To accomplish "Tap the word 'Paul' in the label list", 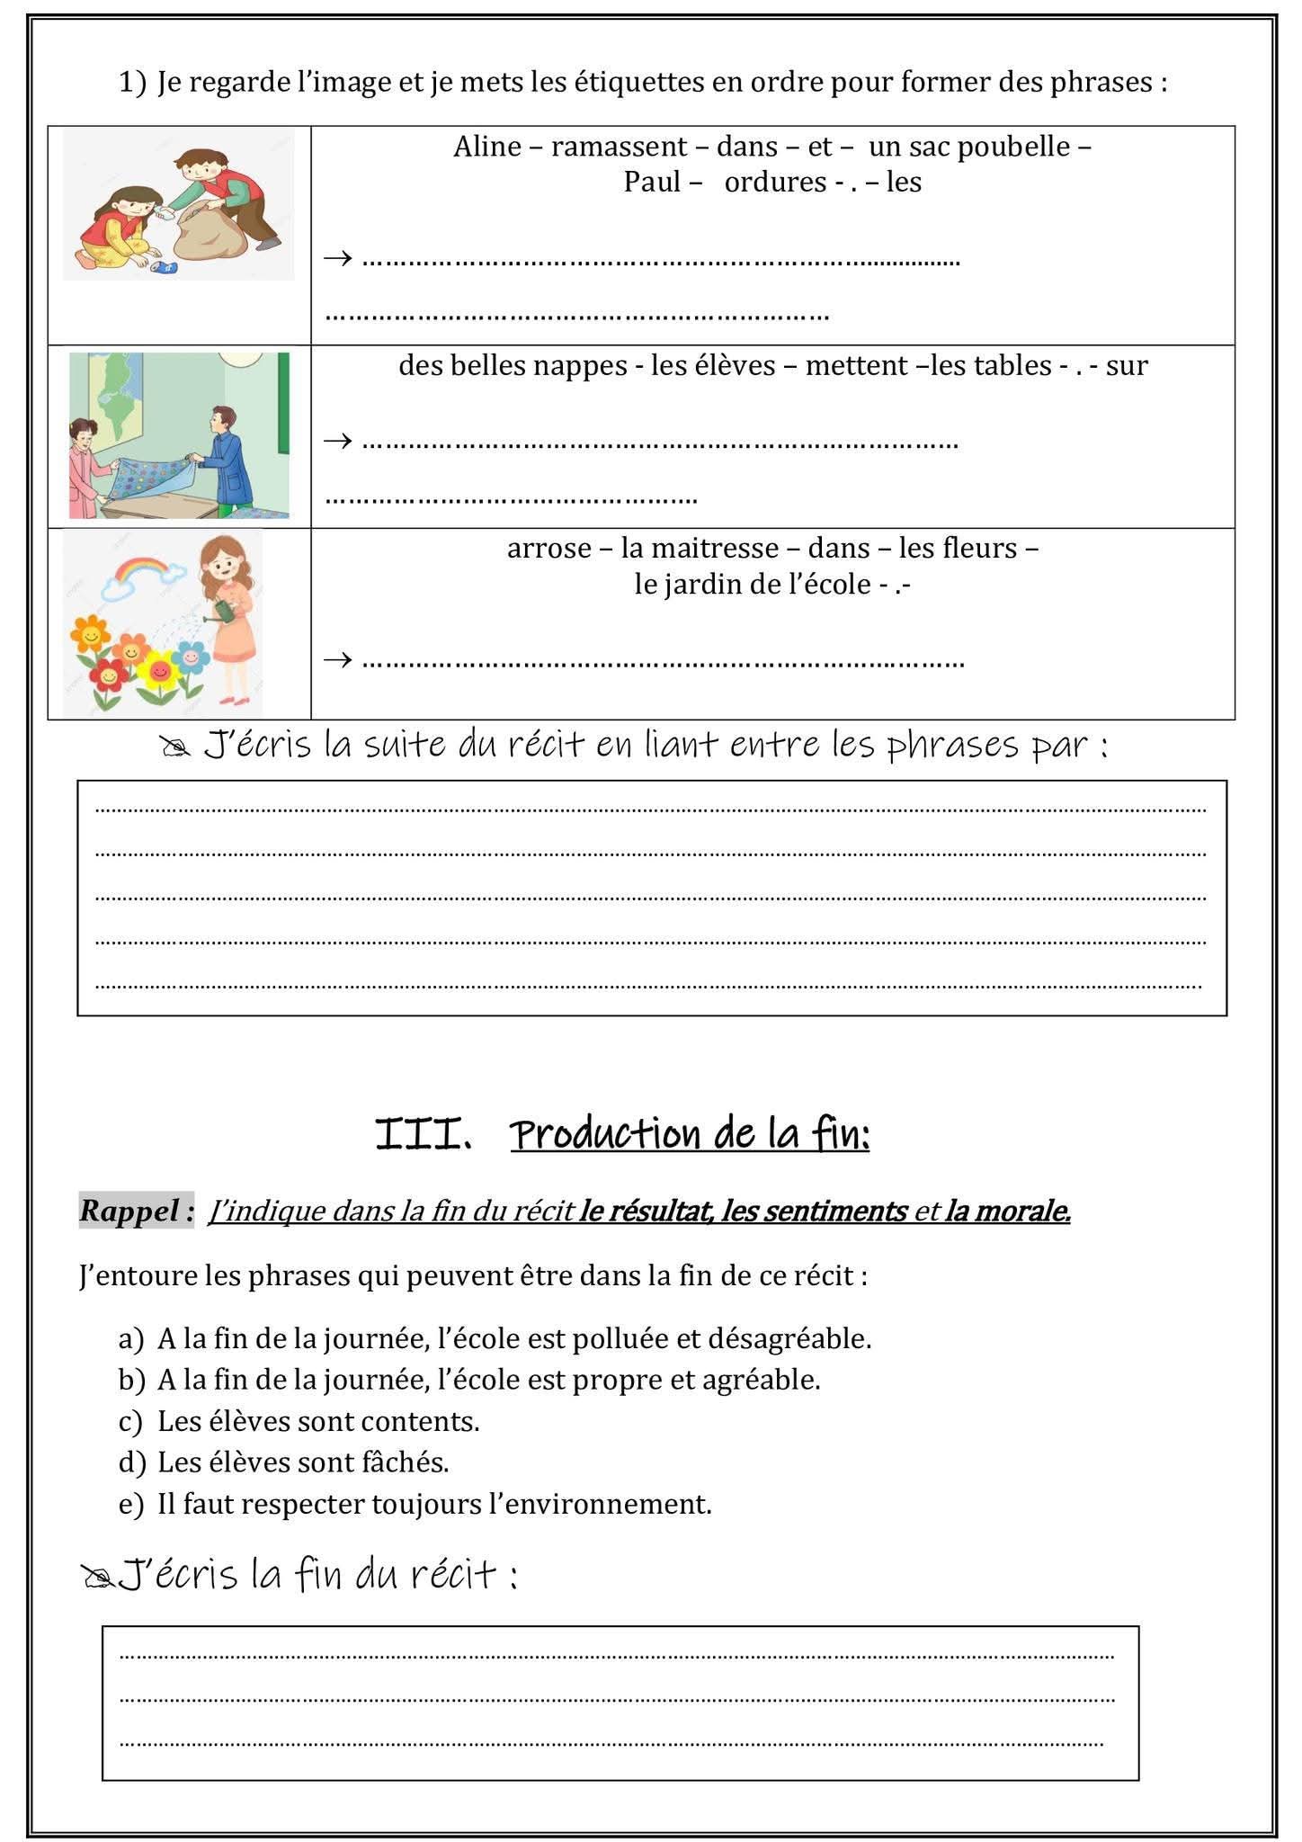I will pyautogui.click(x=652, y=183).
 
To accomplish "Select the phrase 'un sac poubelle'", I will pyautogui.click(x=969, y=147).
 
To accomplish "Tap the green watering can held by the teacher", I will pyautogui.click(x=220, y=612).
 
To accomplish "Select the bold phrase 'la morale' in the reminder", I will pyautogui.click(x=1007, y=1212).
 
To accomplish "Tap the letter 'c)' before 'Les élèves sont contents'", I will pyautogui.click(x=130, y=1422).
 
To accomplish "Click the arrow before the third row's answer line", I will pyautogui.click(x=338, y=660).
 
